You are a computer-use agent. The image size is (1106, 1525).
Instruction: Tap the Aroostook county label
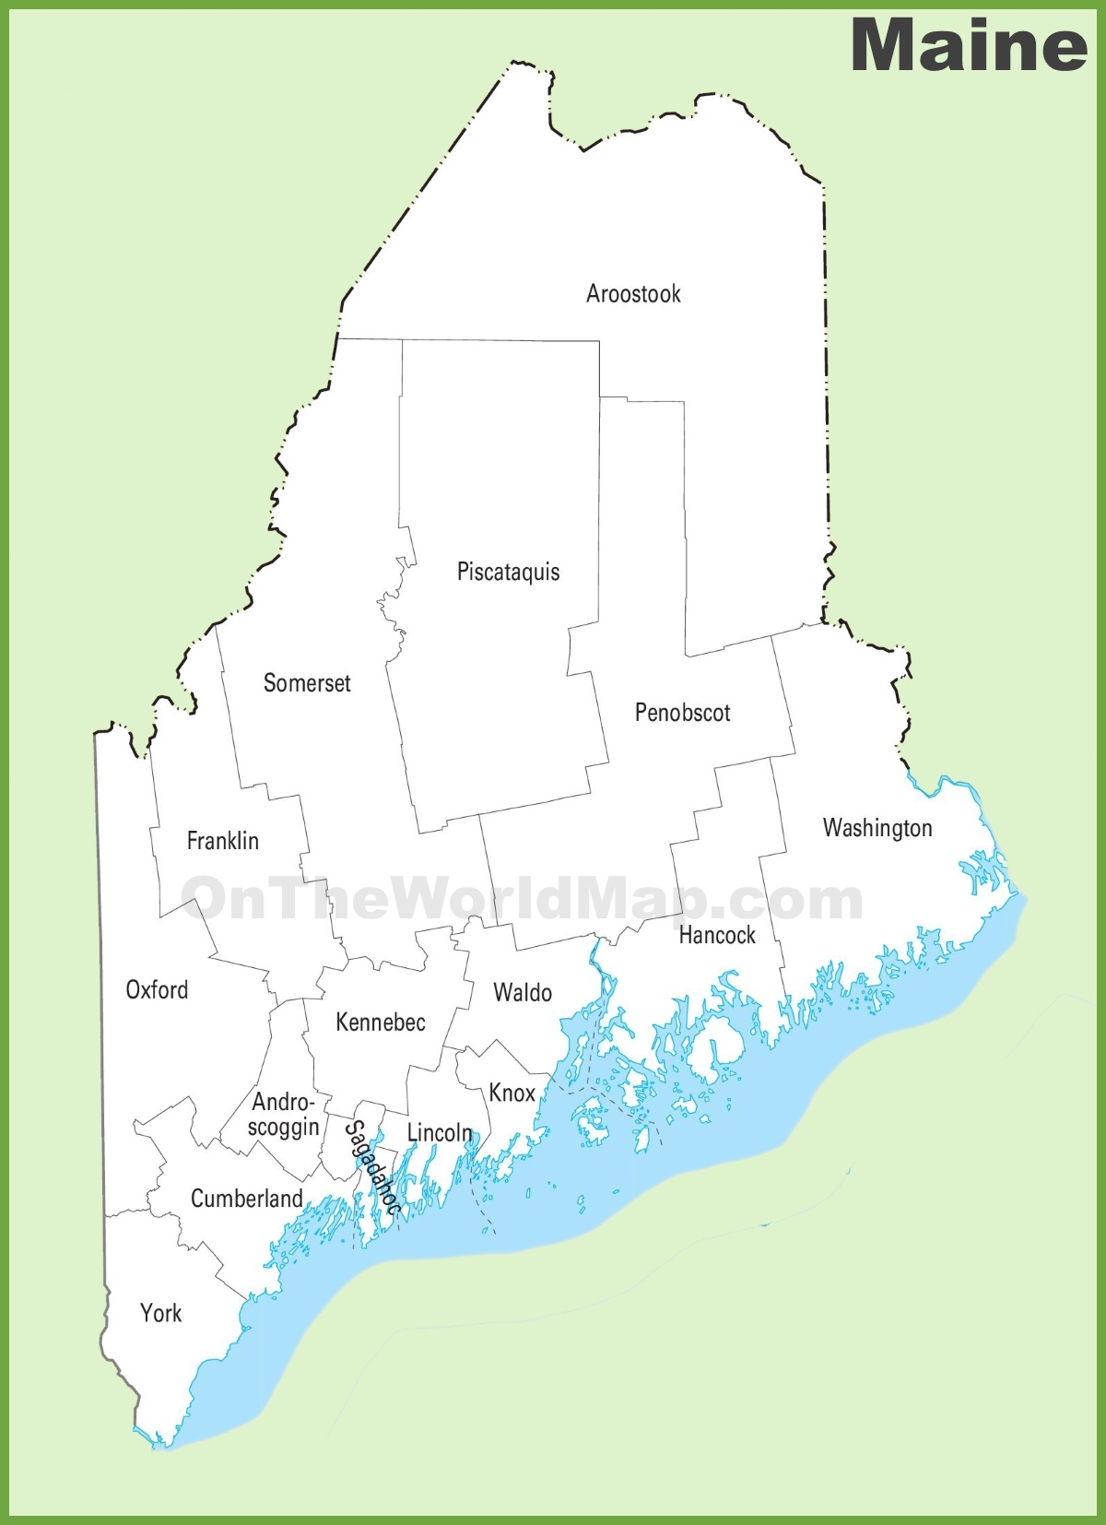633,294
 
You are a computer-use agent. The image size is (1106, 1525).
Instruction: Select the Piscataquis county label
508,572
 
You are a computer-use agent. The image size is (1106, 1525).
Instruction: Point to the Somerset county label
307,683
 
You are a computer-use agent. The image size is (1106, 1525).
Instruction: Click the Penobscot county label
682,713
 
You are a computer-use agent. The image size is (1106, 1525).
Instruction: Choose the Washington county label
877,828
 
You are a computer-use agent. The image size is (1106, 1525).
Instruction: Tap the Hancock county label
717,935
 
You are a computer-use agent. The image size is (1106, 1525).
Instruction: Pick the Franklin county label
222,841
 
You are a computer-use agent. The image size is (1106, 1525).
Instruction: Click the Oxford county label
157,990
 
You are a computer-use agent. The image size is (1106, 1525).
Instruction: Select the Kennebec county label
381,1022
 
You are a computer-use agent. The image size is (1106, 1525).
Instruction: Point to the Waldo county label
523,993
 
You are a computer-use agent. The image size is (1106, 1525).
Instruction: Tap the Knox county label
512,1093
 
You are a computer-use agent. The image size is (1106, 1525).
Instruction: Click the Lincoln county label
439,1132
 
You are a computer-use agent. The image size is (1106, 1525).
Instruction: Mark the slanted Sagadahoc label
372,1167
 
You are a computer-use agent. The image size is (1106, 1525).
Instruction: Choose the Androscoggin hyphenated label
284,1114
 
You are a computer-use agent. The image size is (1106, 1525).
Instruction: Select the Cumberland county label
246,1199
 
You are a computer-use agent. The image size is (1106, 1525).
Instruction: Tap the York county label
160,1313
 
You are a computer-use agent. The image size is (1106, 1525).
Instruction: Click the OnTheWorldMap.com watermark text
521,898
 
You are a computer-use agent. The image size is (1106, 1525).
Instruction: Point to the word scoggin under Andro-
284,1127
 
